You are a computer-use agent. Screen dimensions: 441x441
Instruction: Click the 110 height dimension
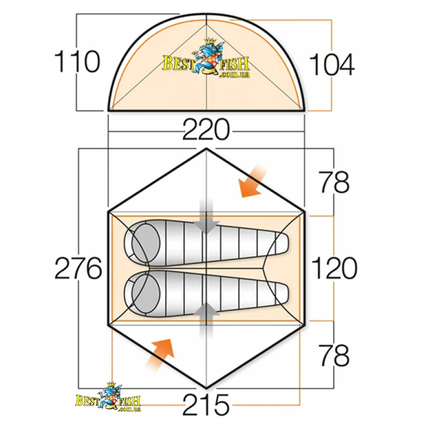[x=77, y=62]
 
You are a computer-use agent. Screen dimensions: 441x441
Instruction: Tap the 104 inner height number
[x=332, y=65]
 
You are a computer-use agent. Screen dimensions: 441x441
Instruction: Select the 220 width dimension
[x=206, y=130]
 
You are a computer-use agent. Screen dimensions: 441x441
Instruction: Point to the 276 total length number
[x=78, y=268]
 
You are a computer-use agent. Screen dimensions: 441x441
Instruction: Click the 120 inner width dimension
[x=335, y=268]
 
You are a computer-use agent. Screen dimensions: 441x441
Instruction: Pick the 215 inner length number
[x=206, y=405]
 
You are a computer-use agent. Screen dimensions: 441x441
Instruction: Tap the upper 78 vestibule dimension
[x=334, y=182]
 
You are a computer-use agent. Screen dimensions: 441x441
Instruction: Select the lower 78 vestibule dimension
[x=334, y=355]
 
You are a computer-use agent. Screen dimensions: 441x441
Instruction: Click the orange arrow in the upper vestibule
[x=251, y=181]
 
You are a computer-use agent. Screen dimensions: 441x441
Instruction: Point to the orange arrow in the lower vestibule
[x=160, y=355]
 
